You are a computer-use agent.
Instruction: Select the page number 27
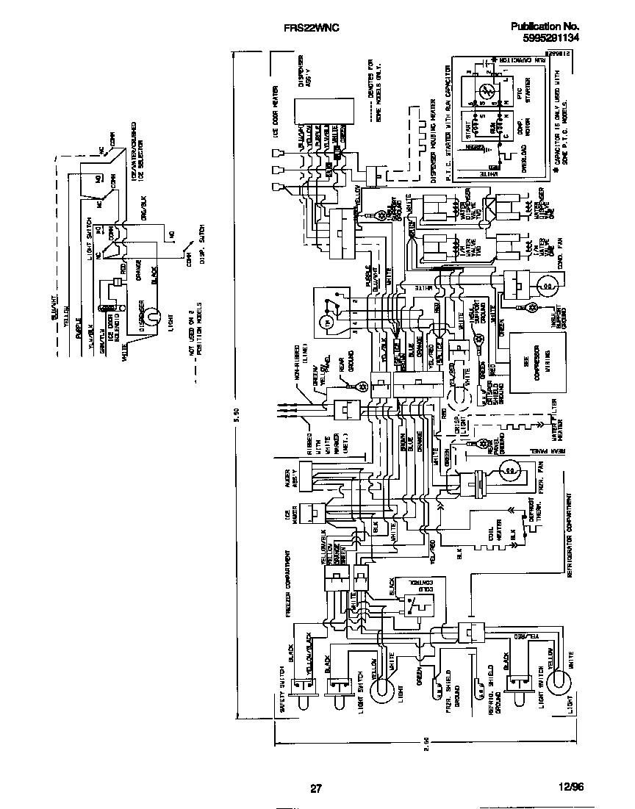click(x=315, y=788)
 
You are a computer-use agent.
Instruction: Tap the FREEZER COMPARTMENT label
click(x=289, y=589)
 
